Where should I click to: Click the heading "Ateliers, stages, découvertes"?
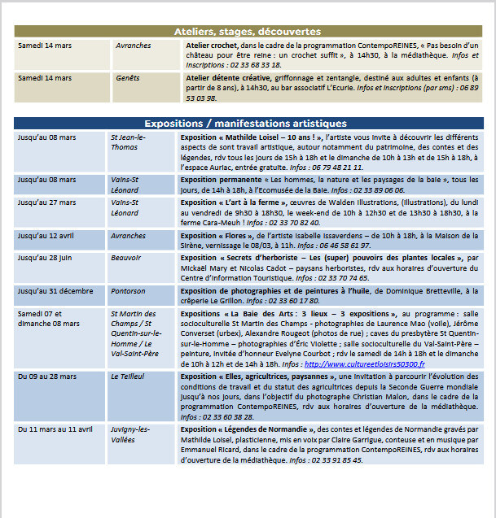point(248,32)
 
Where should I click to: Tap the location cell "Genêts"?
point(128,78)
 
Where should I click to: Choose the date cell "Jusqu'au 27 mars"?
point(46,202)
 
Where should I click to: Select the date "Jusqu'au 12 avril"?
point(46,236)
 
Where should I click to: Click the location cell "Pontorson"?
point(129,290)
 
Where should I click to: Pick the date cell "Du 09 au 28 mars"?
point(47,377)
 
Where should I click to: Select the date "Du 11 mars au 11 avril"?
point(55,429)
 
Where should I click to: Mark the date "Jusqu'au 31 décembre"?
point(55,290)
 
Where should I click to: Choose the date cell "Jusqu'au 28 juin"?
point(46,257)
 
